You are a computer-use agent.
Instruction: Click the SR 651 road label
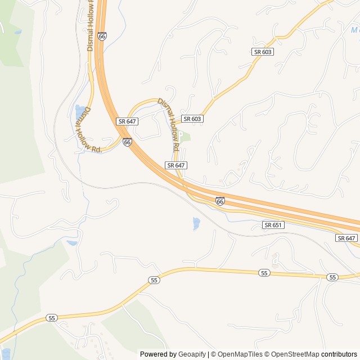[273, 225]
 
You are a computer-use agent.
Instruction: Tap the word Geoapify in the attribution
[192, 354]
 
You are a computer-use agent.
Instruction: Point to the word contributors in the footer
[339, 354]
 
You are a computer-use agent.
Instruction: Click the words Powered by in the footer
[157, 354]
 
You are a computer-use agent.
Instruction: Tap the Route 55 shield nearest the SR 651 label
[264, 273]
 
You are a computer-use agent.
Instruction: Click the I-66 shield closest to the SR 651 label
[220, 201]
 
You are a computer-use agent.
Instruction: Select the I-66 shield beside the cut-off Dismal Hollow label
[101, 36]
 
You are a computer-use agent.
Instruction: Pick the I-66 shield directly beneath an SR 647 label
[127, 142]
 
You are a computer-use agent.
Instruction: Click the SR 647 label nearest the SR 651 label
[346, 238]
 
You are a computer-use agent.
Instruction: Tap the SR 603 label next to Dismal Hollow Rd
[192, 119]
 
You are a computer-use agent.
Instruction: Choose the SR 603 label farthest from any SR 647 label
[263, 52]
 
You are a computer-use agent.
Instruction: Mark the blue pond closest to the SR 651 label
[196, 223]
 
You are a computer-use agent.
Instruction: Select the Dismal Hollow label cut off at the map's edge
[90, 25]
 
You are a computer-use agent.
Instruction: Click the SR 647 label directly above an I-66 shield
[128, 121]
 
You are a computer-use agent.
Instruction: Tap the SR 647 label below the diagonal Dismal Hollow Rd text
[176, 165]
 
